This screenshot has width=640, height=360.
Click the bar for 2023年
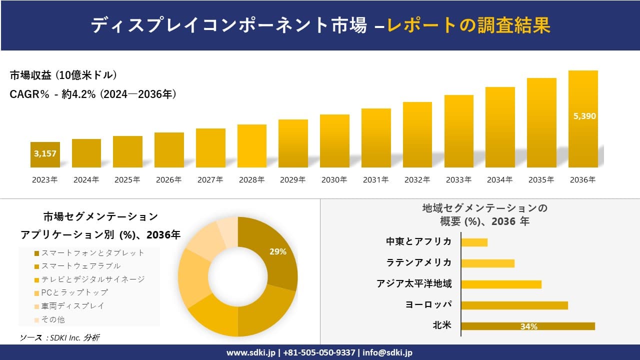tap(45, 155)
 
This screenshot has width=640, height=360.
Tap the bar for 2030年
tap(334, 141)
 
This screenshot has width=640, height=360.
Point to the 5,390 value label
tap(584, 116)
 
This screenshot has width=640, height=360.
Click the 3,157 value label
tap(45, 153)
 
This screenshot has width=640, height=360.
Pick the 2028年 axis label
tap(251, 180)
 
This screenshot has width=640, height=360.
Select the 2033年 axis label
tap(458, 180)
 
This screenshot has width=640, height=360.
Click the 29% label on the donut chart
tap(277, 252)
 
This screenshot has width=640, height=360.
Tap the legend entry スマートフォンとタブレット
tap(89, 253)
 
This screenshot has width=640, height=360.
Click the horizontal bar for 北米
tap(527, 326)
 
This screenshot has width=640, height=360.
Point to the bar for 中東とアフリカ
tap(474, 242)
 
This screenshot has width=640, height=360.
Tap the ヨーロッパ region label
tap(428, 304)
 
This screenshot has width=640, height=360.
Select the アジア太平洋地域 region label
tap(414, 284)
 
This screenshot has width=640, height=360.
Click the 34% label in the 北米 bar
tap(528, 326)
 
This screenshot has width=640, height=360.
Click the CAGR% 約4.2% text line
tap(93, 94)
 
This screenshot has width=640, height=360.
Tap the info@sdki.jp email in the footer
tap(388, 352)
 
